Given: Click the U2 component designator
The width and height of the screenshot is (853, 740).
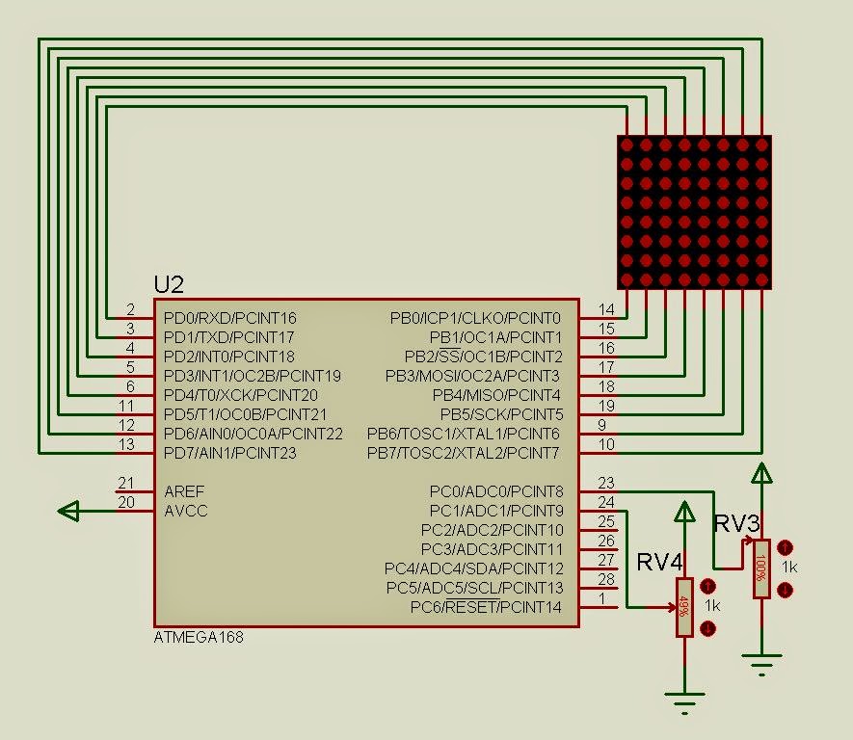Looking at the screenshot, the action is (169, 284).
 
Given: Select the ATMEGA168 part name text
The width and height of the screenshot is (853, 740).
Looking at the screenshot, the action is (199, 637).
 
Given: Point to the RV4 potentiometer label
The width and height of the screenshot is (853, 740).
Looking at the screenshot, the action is (659, 562).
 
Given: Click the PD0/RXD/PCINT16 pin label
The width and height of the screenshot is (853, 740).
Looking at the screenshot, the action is (230, 318).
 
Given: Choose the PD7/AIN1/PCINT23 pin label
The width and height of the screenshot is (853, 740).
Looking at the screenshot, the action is (230, 453).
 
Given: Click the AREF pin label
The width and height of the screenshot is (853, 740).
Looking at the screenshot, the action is (184, 491).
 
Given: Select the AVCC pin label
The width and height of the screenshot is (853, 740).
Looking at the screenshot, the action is (186, 511).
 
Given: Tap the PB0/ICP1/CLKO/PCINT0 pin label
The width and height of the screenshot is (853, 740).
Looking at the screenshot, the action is (475, 318).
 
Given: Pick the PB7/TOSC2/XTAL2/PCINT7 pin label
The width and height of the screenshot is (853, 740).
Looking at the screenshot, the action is (464, 453).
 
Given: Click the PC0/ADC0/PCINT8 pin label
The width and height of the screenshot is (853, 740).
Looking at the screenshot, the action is (496, 491).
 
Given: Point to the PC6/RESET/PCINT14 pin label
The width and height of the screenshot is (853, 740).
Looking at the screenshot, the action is (486, 607).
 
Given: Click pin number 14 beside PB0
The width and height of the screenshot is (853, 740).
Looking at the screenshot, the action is (606, 309).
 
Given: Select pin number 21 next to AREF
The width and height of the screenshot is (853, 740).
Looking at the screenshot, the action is (126, 483).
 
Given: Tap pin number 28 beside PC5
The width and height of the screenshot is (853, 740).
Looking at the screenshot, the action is (606, 579).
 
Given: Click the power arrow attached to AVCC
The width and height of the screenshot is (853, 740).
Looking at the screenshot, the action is (69, 511).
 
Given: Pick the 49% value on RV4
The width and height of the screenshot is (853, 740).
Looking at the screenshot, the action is (684, 607).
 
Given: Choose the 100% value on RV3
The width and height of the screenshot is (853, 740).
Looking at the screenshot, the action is (761, 568).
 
